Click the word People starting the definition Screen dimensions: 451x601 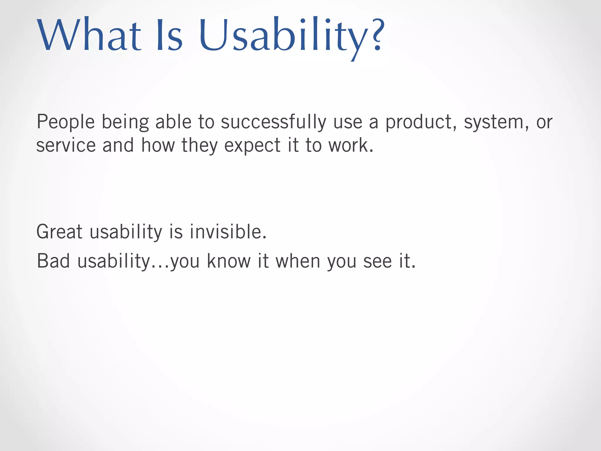(x=65, y=122)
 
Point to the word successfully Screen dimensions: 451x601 (x=273, y=122)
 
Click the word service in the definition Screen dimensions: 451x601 (x=66, y=146)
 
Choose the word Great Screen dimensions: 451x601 (x=59, y=232)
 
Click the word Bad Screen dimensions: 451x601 (x=53, y=261)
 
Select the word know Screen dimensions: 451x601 (x=229, y=261)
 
